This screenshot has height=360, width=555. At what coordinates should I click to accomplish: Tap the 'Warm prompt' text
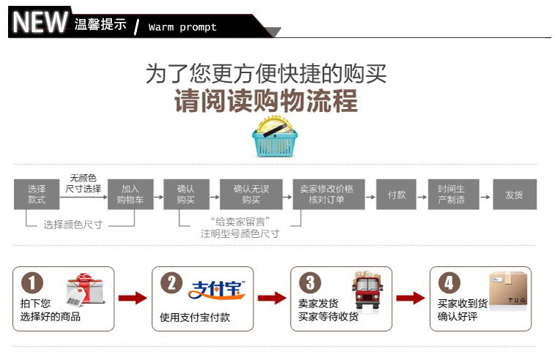tap(182, 28)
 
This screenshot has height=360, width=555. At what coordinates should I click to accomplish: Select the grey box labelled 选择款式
tap(37, 194)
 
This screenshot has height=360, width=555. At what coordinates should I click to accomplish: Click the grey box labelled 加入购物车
tap(130, 194)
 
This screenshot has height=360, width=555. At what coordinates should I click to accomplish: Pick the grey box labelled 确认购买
tap(186, 194)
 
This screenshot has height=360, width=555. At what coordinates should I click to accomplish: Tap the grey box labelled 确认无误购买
tap(251, 194)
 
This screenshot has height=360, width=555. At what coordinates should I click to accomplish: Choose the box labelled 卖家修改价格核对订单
tap(327, 194)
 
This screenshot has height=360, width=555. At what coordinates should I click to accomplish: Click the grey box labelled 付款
tap(397, 195)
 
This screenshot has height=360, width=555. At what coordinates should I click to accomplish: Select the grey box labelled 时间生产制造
tap(451, 194)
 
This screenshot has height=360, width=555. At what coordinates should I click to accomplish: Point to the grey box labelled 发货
tap(514, 195)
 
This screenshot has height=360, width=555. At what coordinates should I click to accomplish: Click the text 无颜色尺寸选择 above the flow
tap(83, 183)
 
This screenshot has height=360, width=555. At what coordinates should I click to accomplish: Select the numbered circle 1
tap(31, 282)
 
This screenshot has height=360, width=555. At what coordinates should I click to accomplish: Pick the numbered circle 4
tap(449, 282)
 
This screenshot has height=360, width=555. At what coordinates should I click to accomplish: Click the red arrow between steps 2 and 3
tap(272, 298)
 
